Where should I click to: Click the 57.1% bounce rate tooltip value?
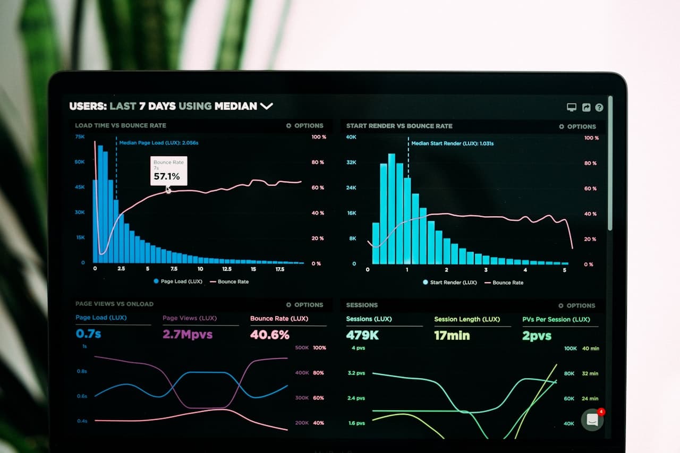pyautogui.click(x=167, y=176)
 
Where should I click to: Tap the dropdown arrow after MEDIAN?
pyautogui.click(x=266, y=106)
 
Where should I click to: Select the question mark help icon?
pyautogui.click(x=599, y=107)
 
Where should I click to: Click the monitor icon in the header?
pyautogui.click(x=572, y=107)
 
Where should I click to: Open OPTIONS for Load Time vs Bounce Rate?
pyautogui.click(x=305, y=126)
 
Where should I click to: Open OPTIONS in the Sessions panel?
pyautogui.click(x=577, y=306)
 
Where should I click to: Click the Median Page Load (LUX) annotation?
pyautogui.click(x=158, y=143)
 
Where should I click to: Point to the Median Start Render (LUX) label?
pyautogui.click(x=452, y=143)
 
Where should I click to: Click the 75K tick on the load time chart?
pyautogui.click(x=80, y=136)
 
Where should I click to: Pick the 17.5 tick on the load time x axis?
pyautogui.click(x=280, y=269)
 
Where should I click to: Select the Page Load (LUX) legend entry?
pyautogui.click(x=178, y=281)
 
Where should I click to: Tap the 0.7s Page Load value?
pyautogui.click(x=88, y=334)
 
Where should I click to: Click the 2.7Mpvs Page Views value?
pyautogui.click(x=188, y=335)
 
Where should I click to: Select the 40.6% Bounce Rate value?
pyautogui.click(x=270, y=335)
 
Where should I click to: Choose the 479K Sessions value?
pyautogui.click(x=362, y=336)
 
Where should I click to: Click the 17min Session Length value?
pyautogui.click(x=452, y=336)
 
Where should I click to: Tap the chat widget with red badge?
pyautogui.click(x=592, y=420)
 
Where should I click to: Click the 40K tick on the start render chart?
pyautogui.click(x=351, y=137)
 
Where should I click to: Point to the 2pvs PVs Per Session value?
pyautogui.click(x=537, y=336)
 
